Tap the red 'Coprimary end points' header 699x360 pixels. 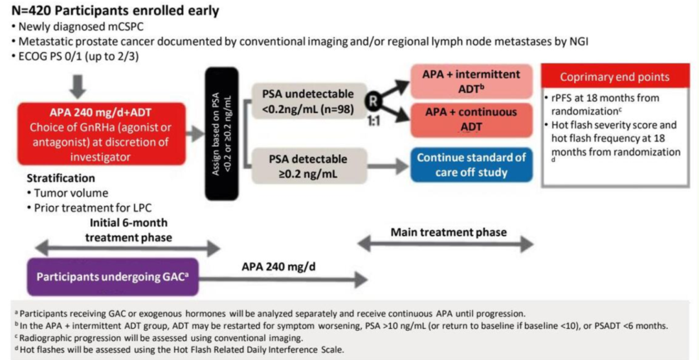tap(614, 77)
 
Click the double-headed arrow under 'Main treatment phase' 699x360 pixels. tap(447, 244)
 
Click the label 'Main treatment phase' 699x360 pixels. tap(449, 232)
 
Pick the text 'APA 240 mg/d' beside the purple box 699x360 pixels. tap(274, 266)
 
